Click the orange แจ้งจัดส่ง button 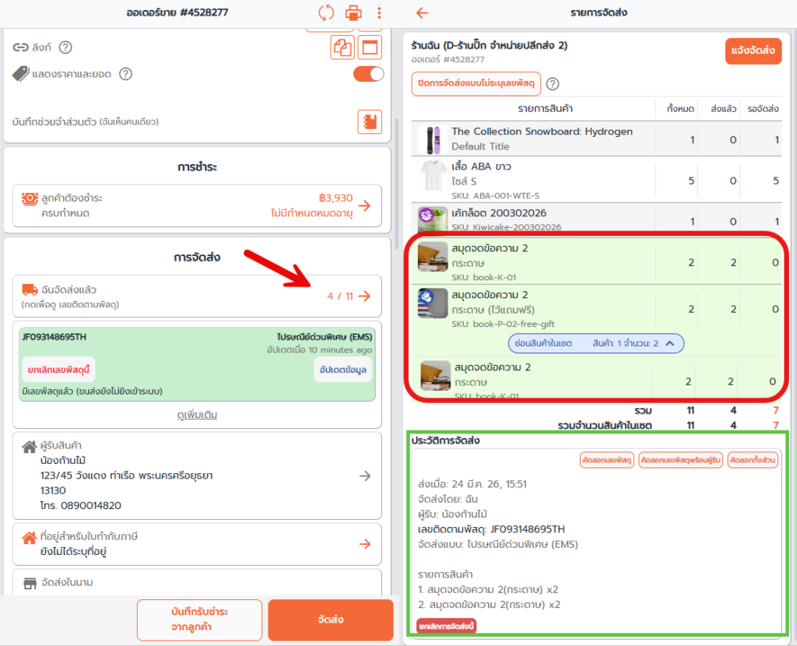click(753, 51)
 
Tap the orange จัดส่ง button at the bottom click(330, 620)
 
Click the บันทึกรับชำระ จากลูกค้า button click(199, 620)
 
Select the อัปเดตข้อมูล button click(343, 370)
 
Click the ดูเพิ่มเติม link click(197, 415)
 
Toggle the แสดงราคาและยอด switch click(368, 74)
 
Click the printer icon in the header click(353, 12)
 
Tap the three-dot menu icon click(379, 12)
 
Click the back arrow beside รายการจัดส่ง click(423, 12)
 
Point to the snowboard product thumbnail click(433, 140)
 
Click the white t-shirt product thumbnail click(433, 175)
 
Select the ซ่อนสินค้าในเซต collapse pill click(595, 343)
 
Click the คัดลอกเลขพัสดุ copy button click(607, 461)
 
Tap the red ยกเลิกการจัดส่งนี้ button click(446, 627)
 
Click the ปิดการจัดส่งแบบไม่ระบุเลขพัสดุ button click(476, 84)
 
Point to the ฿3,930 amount click(335, 198)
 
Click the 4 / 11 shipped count click(340, 297)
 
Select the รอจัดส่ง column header click(763, 109)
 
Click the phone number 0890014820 click(91, 506)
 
